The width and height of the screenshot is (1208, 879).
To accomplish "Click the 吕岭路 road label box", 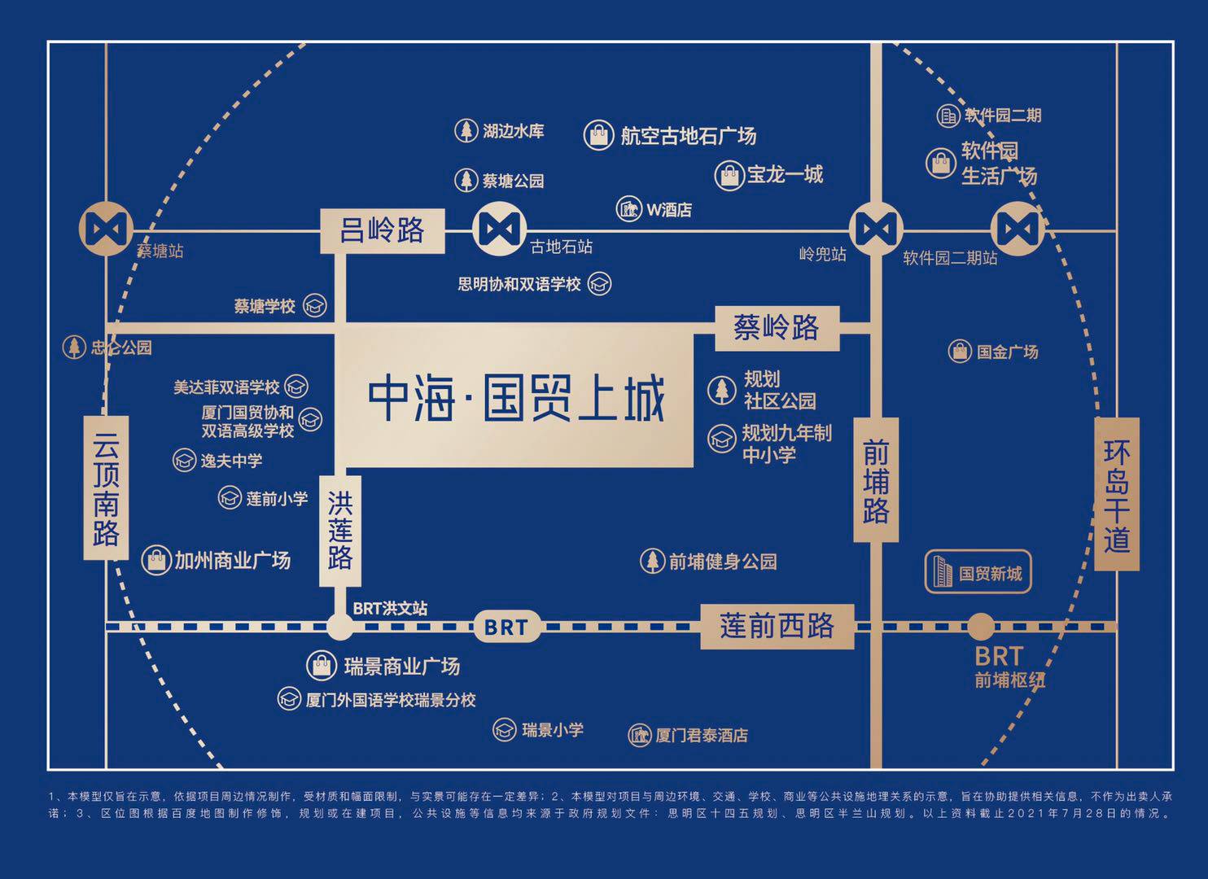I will [x=383, y=230].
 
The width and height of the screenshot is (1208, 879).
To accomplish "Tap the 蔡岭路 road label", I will [x=776, y=328].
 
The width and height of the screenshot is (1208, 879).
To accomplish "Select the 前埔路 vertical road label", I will [x=876, y=480].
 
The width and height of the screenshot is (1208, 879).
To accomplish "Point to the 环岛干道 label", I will [x=1117, y=494].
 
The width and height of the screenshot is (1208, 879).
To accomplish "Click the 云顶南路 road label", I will [x=106, y=488].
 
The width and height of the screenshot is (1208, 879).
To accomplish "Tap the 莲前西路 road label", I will [x=777, y=626].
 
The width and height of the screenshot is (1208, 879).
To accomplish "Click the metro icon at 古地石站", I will [x=499, y=230].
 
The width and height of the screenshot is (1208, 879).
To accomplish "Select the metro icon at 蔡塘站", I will [x=106, y=229].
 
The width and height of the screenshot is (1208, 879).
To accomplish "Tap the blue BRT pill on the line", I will [x=506, y=627].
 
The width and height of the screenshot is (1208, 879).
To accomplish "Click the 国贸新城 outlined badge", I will [x=978, y=572].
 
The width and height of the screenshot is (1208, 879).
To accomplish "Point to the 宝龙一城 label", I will [x=785, y=174].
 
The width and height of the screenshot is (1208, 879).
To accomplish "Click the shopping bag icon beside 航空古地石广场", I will [x=598, y=135].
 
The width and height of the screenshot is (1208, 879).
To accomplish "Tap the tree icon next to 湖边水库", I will [x=466, y=130].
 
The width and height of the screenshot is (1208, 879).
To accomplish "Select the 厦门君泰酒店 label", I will [x=701, y=736].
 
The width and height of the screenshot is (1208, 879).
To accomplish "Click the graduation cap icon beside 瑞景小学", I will [x=505, y=730].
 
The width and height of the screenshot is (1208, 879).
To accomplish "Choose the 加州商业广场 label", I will [x=232, y=560].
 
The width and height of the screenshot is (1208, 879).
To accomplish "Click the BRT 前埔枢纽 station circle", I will [x=980, y=627].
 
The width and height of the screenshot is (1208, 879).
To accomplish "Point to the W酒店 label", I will [x=669, y=210].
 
